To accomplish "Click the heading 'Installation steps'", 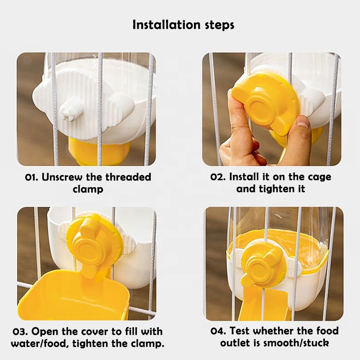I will tap(183, 24).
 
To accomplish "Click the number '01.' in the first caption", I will tap(32, 177).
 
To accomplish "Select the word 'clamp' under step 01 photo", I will tap(88, 189).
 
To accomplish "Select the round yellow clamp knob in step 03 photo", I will tap(92, 245).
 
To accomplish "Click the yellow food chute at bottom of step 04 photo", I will tap(265, 306).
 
